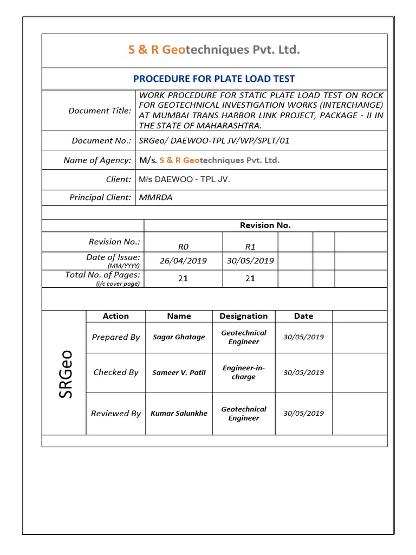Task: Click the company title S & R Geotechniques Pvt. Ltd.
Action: (x=214, y=50)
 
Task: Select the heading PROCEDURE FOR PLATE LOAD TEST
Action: (x=214, y=79)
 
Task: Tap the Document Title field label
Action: (x=100, y=111)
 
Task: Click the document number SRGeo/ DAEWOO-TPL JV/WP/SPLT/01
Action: (x=214, y=141)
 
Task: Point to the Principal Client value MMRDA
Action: (x=155, y=198)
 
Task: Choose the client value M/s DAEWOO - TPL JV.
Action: (x=184, y=179)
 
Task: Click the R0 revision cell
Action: (x=183, y=246)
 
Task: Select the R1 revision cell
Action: (x=250, y=246)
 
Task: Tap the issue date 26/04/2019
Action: (x=183, y=261)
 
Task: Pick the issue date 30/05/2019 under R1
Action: (x=250, y=261)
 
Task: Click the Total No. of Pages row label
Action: (x=102, y=275)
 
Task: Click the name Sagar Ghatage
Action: (x=179, y=337)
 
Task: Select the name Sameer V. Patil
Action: (x=179, y=372)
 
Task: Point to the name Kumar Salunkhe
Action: (x=179, y=414)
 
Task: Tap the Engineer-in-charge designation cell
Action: (x=243, y=372)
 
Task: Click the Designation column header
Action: (x=243, y=316)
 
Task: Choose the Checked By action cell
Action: (x=116, y=372)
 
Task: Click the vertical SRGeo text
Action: (x=66, y=374)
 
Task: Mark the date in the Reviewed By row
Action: (x=303, y=414)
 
